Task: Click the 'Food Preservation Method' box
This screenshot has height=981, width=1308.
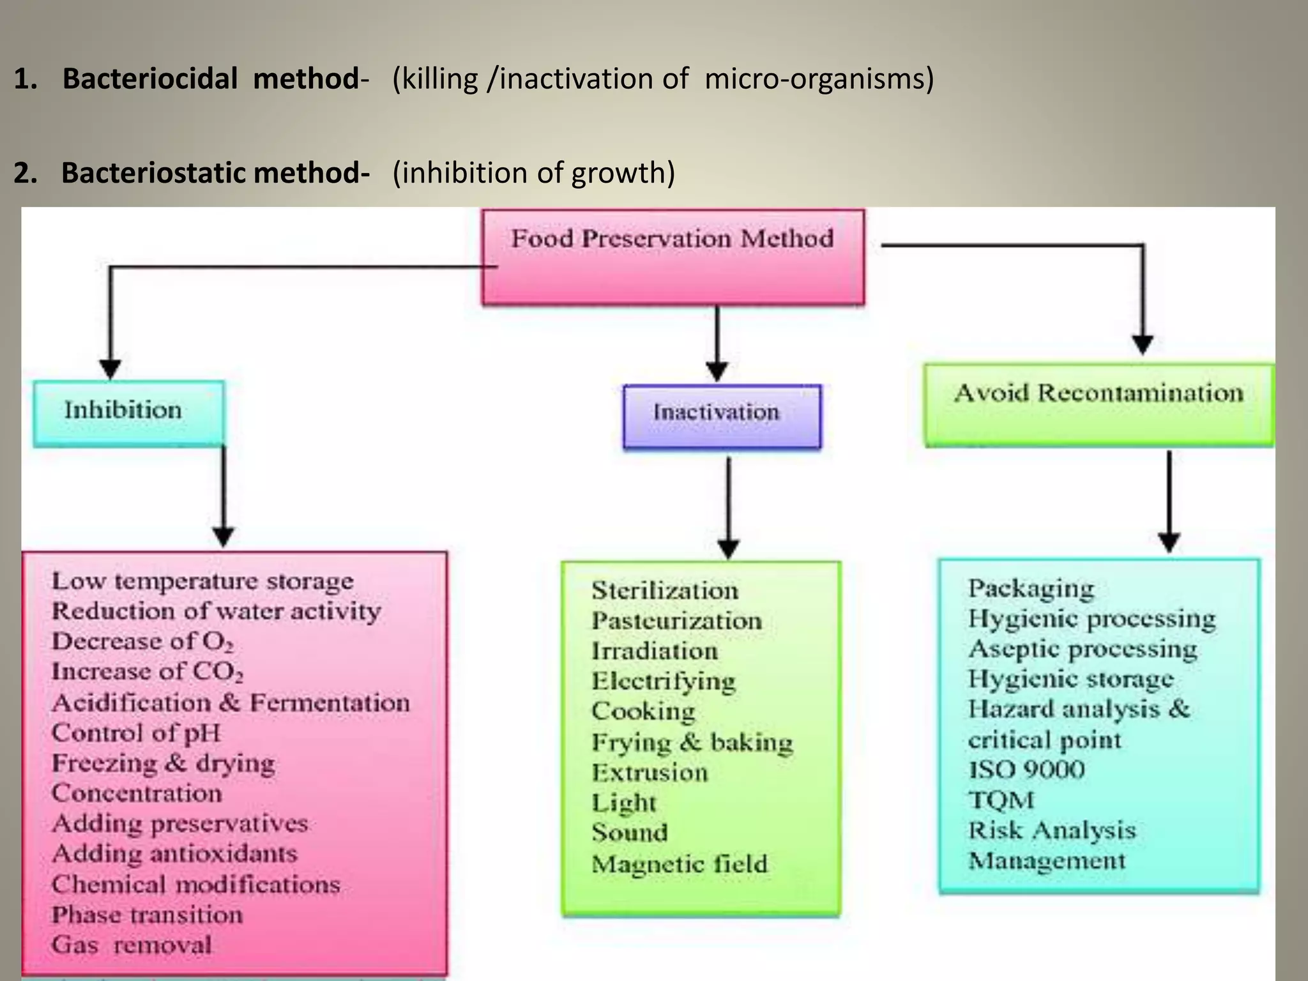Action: (673, 257)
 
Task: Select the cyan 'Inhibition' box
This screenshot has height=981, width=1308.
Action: (128, 413)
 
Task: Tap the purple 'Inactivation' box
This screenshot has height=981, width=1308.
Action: (722, 416)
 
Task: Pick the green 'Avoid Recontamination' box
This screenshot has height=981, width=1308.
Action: (1099, 404)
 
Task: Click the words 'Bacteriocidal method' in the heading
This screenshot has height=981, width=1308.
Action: (211, 79)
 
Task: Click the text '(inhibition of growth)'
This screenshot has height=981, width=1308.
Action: (533, 173)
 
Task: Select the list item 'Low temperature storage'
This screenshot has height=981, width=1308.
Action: (202, 581)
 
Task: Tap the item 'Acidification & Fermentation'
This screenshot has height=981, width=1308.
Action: (230, 703)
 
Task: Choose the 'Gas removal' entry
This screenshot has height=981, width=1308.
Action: (132, 945)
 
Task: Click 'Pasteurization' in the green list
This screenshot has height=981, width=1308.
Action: (676, 621)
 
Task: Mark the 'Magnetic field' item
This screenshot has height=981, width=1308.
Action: (679, 864)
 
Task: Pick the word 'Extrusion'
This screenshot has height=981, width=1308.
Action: (650, 773)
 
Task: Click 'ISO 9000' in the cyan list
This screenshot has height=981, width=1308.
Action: (1026, 770)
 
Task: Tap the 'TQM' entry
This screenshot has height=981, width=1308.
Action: (1001, 800)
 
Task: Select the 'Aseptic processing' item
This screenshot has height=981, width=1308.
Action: (1083, 649)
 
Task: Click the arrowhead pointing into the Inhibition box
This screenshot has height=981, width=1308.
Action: (110, 369)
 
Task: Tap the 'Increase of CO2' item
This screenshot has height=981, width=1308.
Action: (147, 672)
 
